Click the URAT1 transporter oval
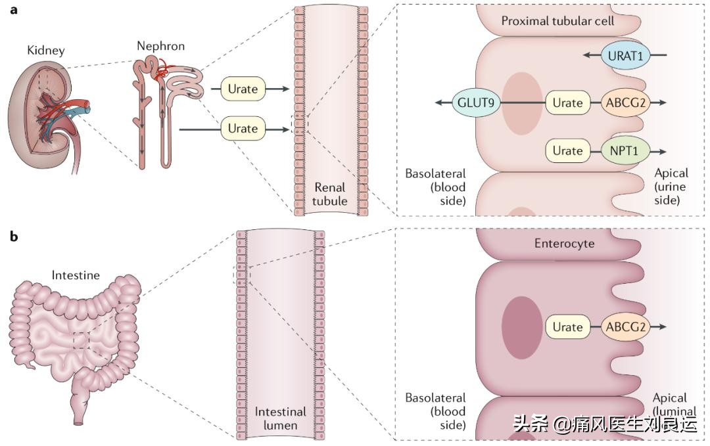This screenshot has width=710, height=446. click(x=625, y=56)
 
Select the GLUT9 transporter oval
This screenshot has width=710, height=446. click(x=476, y=103)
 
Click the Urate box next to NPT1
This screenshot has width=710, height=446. click(x=567, y=150)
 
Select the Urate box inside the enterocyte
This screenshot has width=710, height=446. click(x=567, y=327)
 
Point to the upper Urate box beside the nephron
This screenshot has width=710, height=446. click(x=243, y=87)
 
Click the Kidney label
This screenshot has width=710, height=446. click(x=46, y=51)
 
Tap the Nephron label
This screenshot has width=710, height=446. click(x=160, y=46)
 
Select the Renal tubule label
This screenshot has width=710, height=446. click(x=329, y=194)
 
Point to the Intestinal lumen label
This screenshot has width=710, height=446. click(x=281, y=418)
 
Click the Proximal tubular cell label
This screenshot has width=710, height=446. click(x=557, y=21)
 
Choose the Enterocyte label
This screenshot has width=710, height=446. click(x=563, y=244)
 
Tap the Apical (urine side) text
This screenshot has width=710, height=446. click(x=671, y=187)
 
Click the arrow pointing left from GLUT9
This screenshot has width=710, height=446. click(x=442, y=103)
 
